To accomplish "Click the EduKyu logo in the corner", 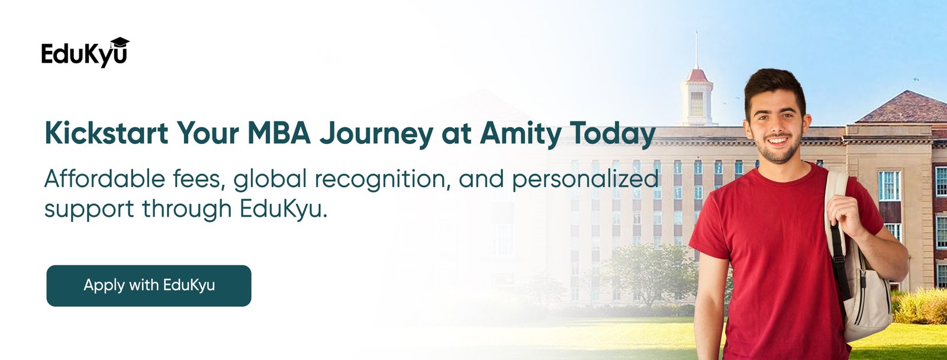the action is tap(85, 53).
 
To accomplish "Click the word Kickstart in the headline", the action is tap(107, 133).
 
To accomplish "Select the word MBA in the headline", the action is tap(279, 133).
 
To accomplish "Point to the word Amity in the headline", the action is tap(521, 134).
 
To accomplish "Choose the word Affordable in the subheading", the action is tap(104, 178).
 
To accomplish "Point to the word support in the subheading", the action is tap(89, 210).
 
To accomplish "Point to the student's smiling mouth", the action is tap(777, 140).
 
